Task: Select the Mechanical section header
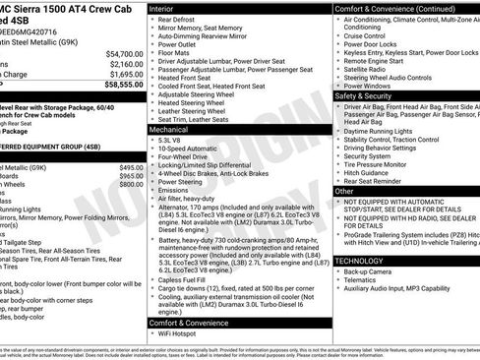(x=170, y=129)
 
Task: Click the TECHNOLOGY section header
(x=360, y=261)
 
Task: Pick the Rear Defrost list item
(x=178, y=19)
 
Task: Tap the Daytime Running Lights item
(x=382, y=131)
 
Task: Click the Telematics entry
(x=362, y=279)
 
